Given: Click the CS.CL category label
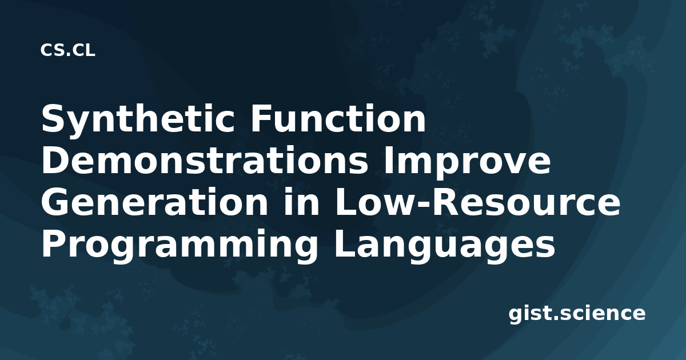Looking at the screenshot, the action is point(67,50).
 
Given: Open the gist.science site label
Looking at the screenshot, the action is point(577,314).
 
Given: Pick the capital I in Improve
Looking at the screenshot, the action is point(388,160).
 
